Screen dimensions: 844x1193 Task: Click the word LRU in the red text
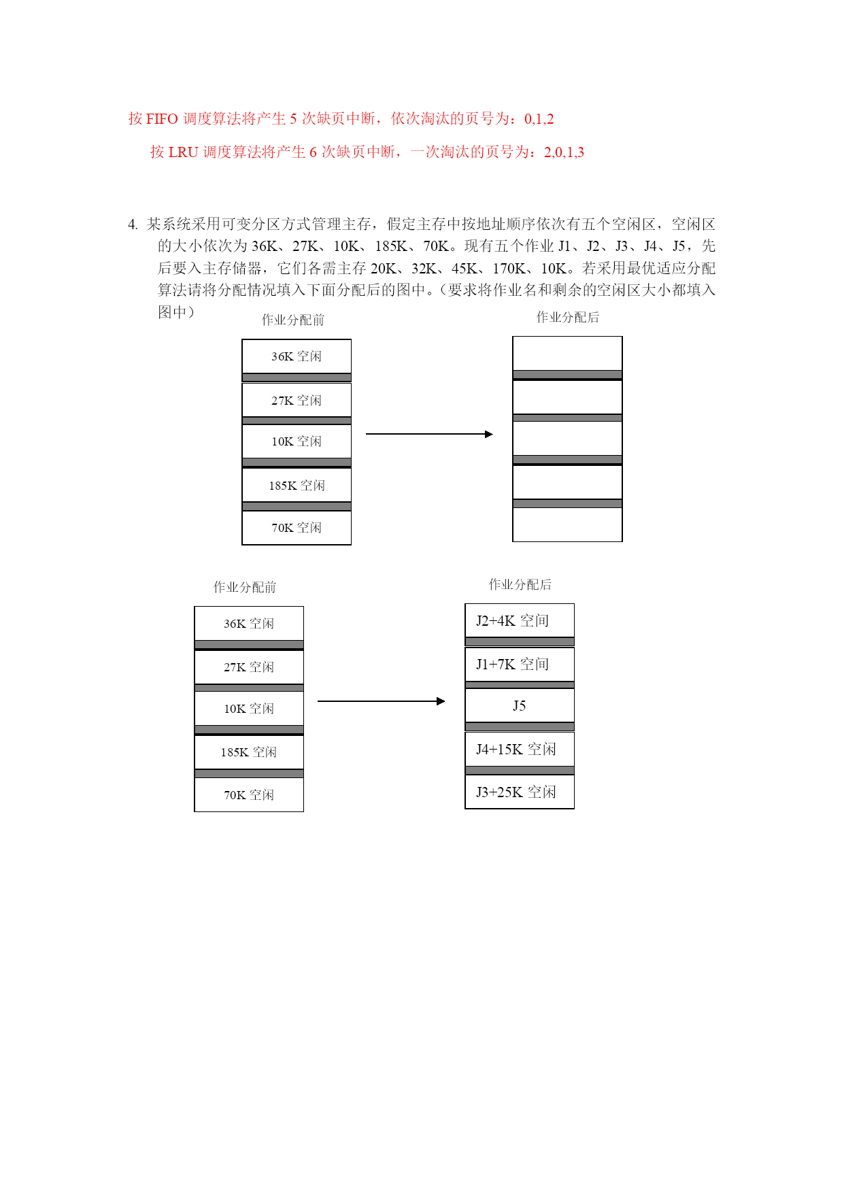(183, 152)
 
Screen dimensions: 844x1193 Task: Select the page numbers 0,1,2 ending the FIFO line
(539, 120)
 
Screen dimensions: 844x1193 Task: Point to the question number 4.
(132, 224)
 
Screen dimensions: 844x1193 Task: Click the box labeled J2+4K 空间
(520, 620)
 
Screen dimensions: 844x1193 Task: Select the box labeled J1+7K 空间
(520, 665)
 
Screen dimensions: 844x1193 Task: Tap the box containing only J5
(520, 705)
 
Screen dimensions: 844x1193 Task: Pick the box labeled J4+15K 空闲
(520, 749)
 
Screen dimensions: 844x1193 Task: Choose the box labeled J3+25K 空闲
(520, 792)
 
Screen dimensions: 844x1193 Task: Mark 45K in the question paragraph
(464, 269)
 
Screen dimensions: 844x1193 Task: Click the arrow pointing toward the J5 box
(382, 701)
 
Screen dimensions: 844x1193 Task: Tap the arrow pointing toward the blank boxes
(429, 434)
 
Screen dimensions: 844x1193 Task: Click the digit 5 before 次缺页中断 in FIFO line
(294, 120)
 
